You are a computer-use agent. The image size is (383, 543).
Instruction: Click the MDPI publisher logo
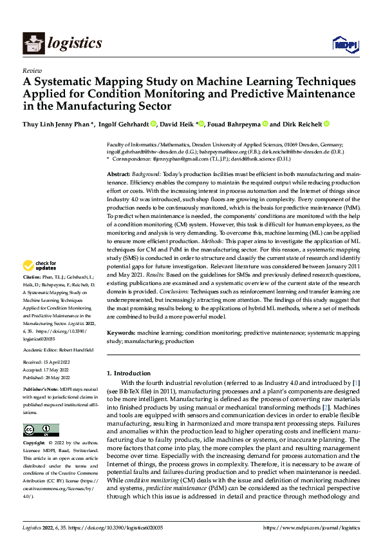tap(342, 44)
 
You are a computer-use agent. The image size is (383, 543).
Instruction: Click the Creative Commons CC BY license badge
tap(41, 430)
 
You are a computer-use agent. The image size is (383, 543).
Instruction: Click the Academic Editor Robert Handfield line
tap(59, 350)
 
